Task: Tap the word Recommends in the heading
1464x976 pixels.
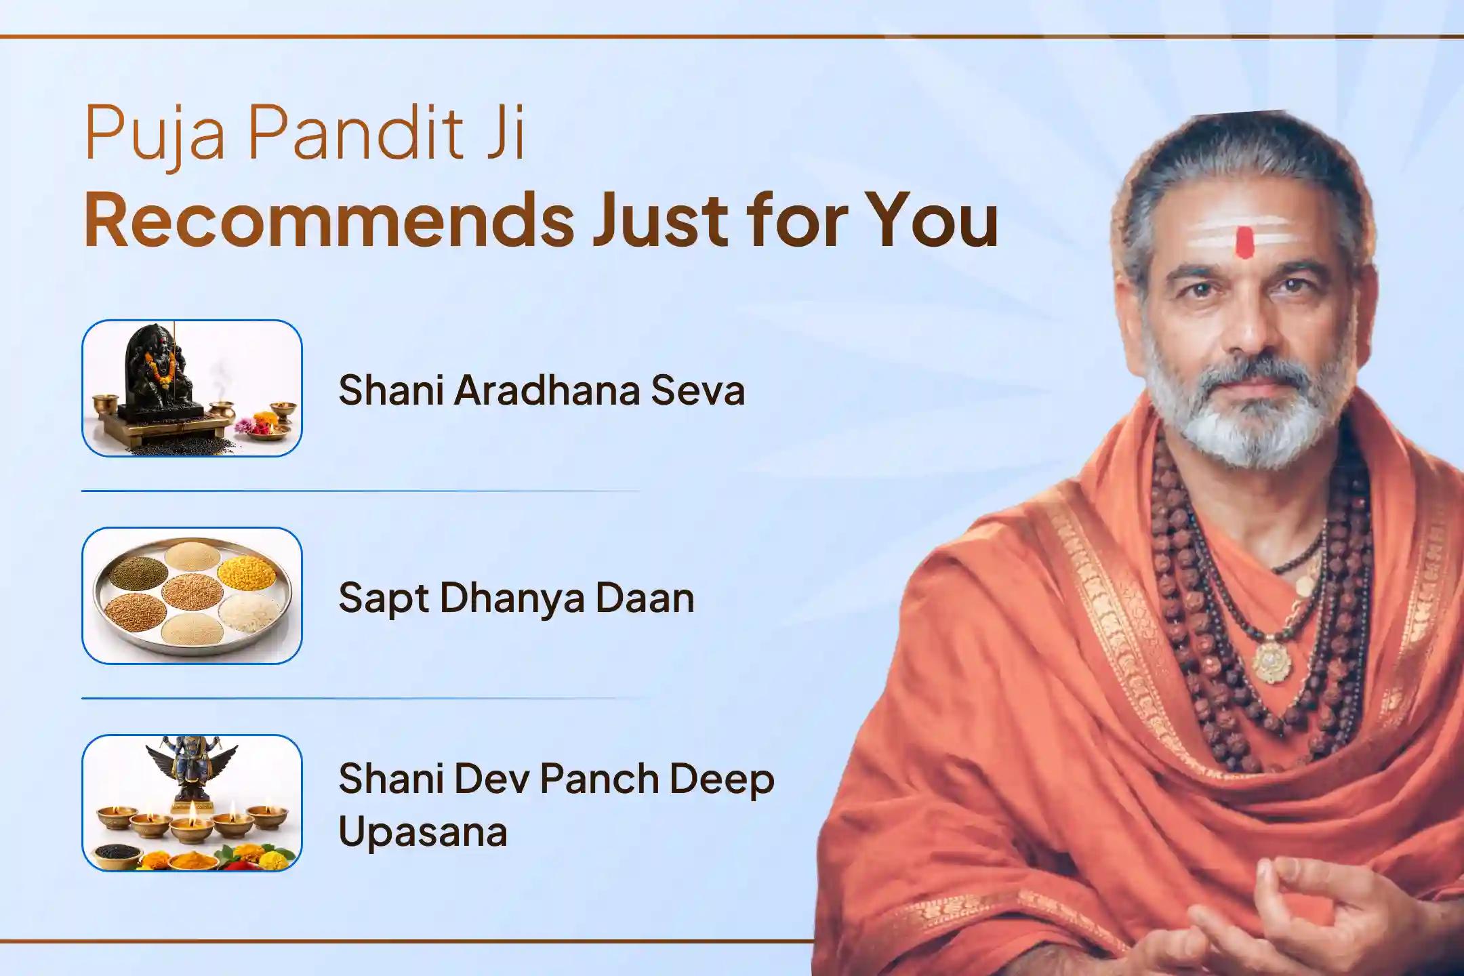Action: click(328, 222)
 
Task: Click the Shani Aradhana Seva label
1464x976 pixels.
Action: click(541, 391)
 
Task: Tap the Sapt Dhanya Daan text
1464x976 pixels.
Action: click(516, 598)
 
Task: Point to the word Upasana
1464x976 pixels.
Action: click(422, 832)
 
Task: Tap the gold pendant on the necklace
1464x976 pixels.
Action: click(1266, 658)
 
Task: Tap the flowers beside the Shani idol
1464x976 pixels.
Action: click(247, 426)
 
